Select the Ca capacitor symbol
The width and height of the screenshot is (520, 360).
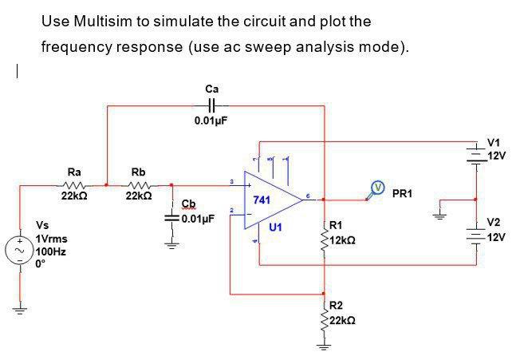pyautogui.click(x=211, y=105)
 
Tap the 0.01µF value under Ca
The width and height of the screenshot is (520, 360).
pyautogui.click(x=211, y=121)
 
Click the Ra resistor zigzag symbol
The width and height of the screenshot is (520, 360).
pyautogui.click(x=73, y=185)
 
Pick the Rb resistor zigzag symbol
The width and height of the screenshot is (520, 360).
pyautogui.click(x=138, y=185)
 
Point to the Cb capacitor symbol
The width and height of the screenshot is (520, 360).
pyautogui.click(x=171, y=217)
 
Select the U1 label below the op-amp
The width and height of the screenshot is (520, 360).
pyautogui.click(x=275, y=227)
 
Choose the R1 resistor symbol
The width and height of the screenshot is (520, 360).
pyautogui.click(x=324, y=239)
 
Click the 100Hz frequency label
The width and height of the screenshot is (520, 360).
pyautogui.click(x=50, y=251)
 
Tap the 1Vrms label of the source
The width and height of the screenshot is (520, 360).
pyautogui.click(x=52, y=239)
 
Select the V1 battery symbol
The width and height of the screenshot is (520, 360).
pyautogui.click(x=478, y=150)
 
